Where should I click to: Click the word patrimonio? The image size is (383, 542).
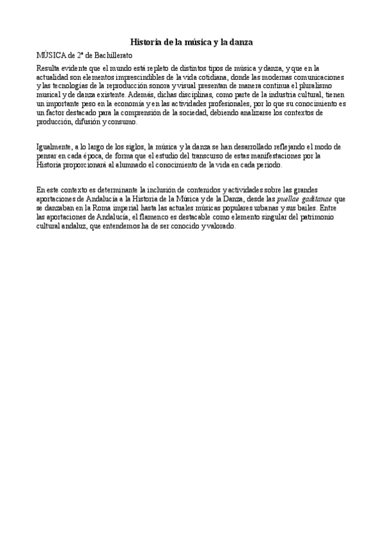pyautogui.click(x=328, y=217)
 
